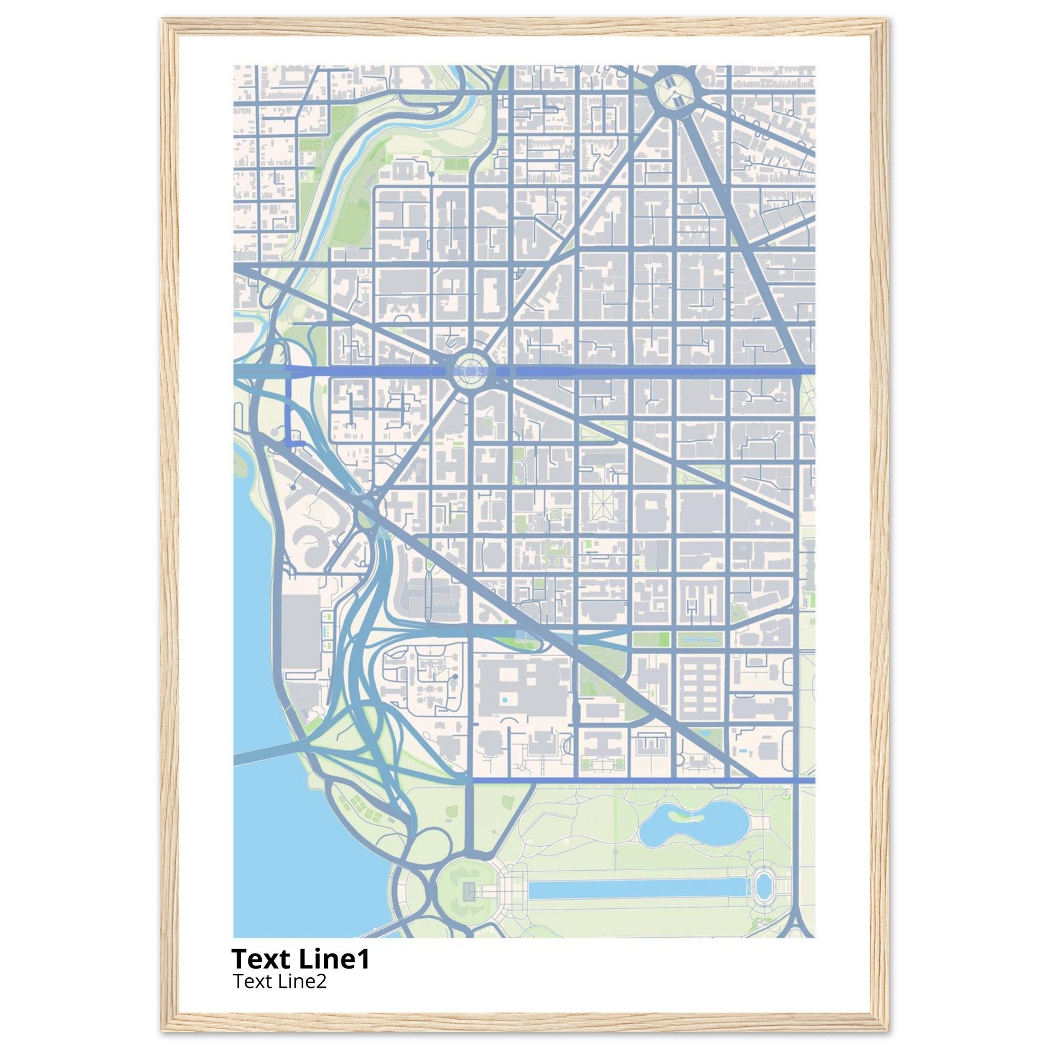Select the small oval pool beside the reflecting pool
[763, 886]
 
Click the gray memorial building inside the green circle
[469, 889]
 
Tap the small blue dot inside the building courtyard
[506, 700]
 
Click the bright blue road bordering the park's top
[641, 780]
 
